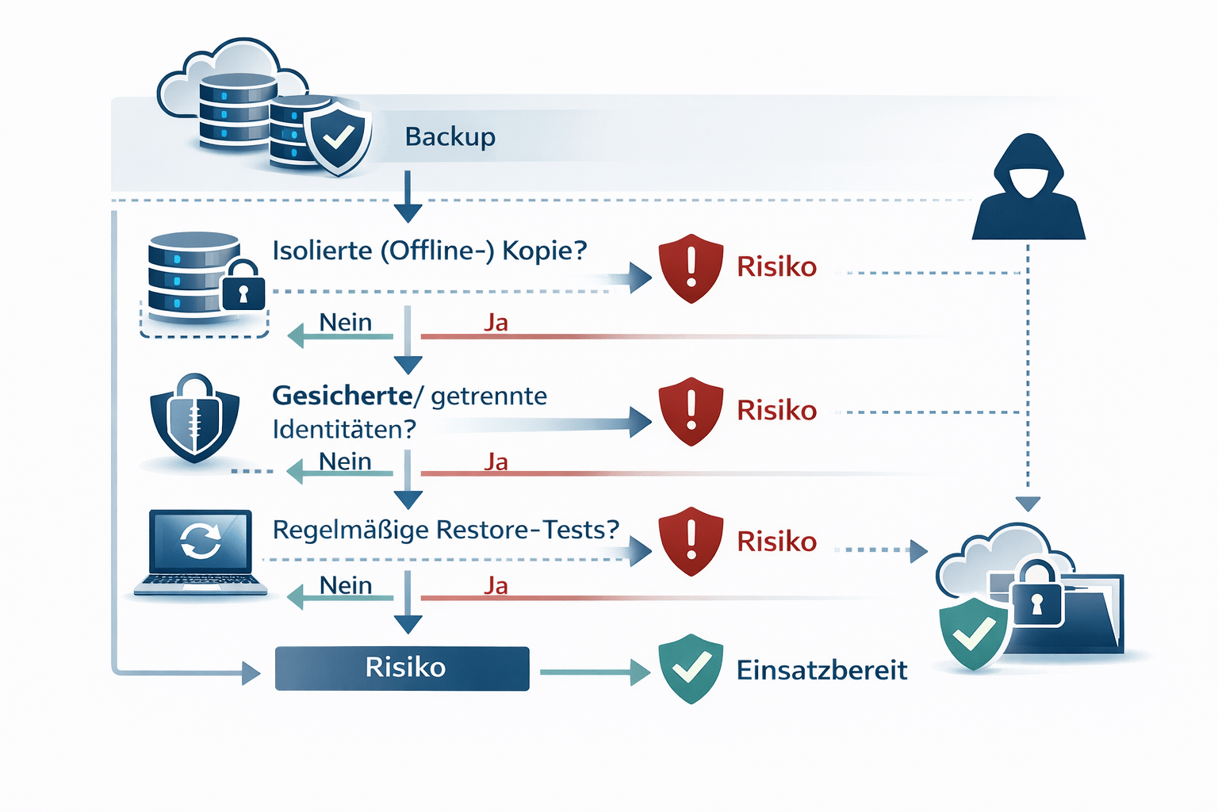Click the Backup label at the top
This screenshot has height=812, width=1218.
click(x=450, y=136)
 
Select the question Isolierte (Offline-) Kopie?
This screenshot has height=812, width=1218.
click(x=429, y=251)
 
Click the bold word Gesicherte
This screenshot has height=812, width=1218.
click(x=342, y=395)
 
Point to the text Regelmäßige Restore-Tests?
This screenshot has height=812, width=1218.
click(x=445, y=530)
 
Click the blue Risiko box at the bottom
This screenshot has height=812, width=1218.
click(x=402, y=668)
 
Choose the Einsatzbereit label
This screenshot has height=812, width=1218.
click(x=821, y=670)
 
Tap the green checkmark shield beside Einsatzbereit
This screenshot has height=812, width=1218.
click(x=691, y=668)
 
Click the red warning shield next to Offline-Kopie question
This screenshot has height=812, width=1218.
click(x=691, y=268)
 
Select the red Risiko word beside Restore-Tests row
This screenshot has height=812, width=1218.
click(x=776, y=542)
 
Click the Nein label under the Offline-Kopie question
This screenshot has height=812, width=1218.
click(x=345, y=323)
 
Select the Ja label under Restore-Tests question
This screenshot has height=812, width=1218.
click(x=496, y=586)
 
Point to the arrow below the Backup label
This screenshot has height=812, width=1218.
click(x=408, y=197)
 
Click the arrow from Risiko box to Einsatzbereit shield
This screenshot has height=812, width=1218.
click(x=595, y=672)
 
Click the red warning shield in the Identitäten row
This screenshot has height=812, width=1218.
click(x=691, y=411)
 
